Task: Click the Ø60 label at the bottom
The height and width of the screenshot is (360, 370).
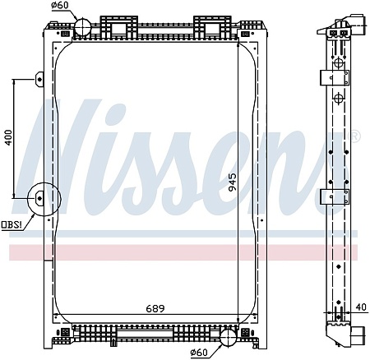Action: click(x=199, y=353)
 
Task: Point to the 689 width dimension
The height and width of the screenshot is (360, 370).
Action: click(x=155, y=309)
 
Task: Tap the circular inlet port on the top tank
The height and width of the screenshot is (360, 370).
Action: click(x=85, y=27)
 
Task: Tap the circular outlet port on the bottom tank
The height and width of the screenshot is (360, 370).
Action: click(x=229, y=337)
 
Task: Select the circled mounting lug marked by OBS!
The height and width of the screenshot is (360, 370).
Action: click(x=39, y=198)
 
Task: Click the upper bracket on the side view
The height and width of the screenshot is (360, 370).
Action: click(x=334, y=77)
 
